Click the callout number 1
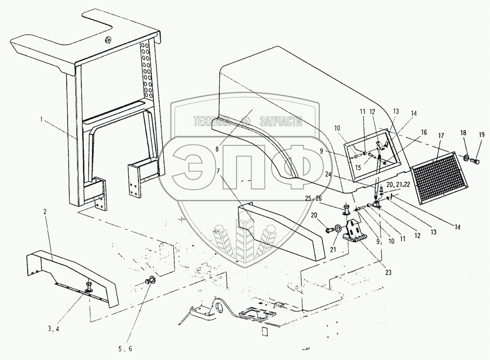(x=41, y=119)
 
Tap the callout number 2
(x=45, y=212)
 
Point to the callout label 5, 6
(x=125, y=349)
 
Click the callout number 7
(x=218, y=171)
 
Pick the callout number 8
(x=217, y=149)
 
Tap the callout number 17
(x=441, y=136)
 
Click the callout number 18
(x=463, y=133)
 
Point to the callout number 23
(x=388, y=272)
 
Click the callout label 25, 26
(x=314, y=198)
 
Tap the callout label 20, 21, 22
(x=398, y=185)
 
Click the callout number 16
(x=424, y=132)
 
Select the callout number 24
(x=328, y=174)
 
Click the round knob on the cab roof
(x=108, y=40)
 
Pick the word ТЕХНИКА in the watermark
(x=212, y=121)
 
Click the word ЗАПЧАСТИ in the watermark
(x=281, y=121)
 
